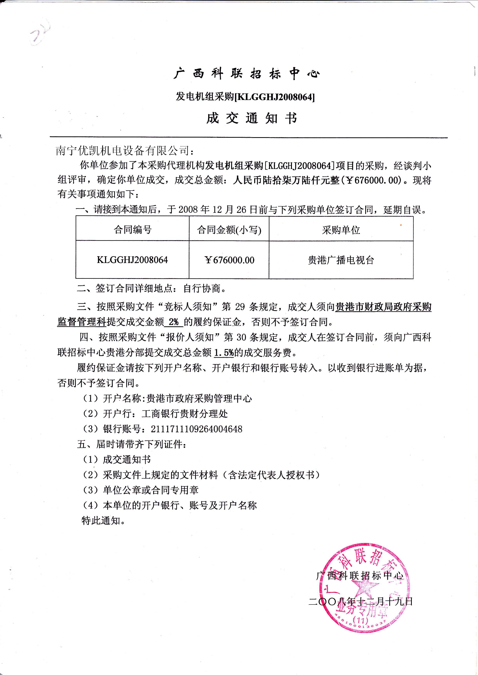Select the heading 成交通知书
[252, 118]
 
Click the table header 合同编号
[132, 229]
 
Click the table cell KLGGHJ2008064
[132, 260]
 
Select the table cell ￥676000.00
[229, 260]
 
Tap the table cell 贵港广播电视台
[341, 260]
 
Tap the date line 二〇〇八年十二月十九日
[361, 601]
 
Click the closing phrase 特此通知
[101, 521]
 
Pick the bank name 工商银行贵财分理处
[185, 414]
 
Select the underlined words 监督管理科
[82, 322]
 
